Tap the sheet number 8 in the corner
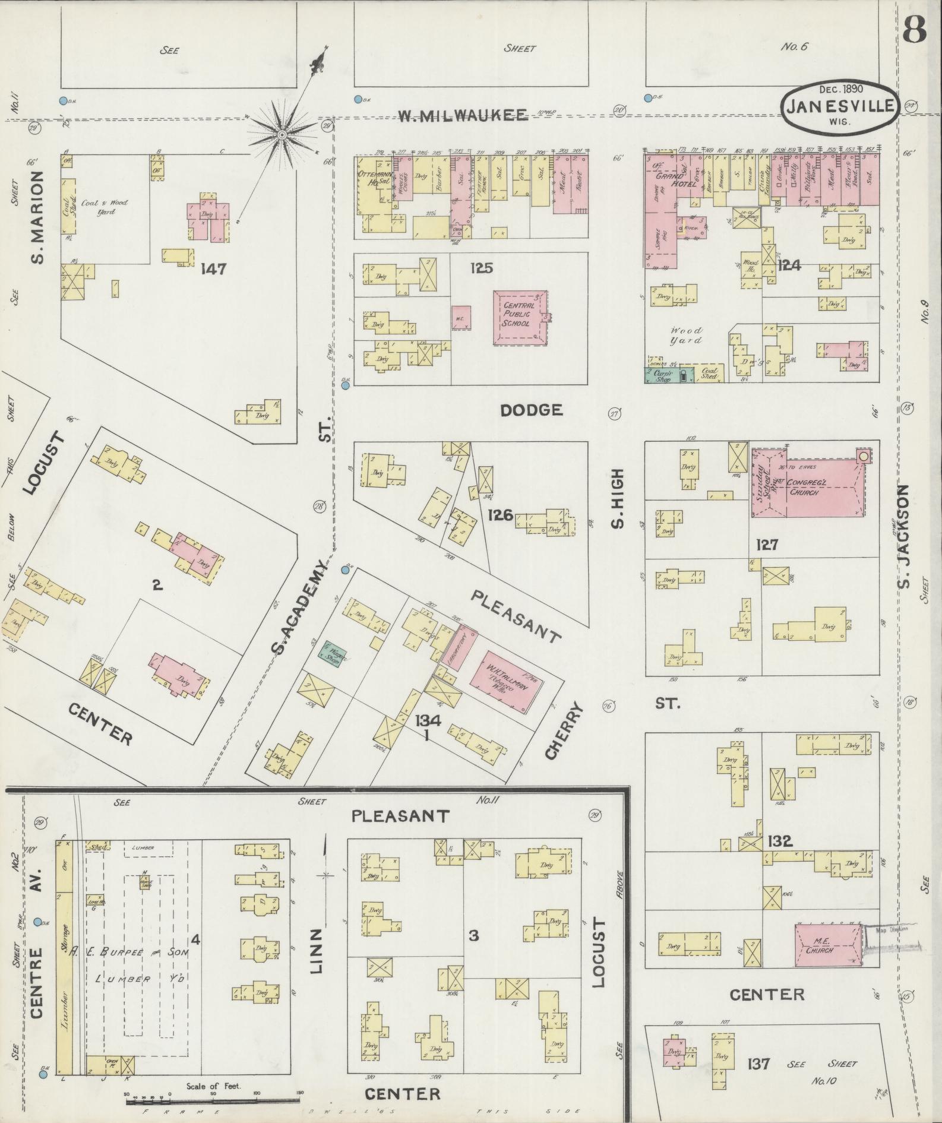coord(915,29)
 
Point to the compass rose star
coord(283,136)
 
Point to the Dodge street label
coord(530,410)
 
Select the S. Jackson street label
coord(903,536)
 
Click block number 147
coord(213,269)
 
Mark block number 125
coord(481,268)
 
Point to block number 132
coord(779,842)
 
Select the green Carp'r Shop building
coord(662,375)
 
